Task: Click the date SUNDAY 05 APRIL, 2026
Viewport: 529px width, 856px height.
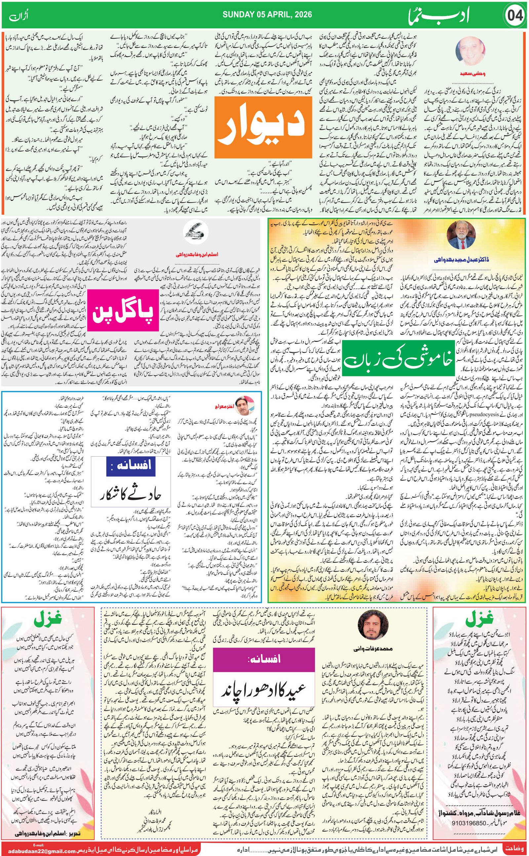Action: [267, 15]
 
